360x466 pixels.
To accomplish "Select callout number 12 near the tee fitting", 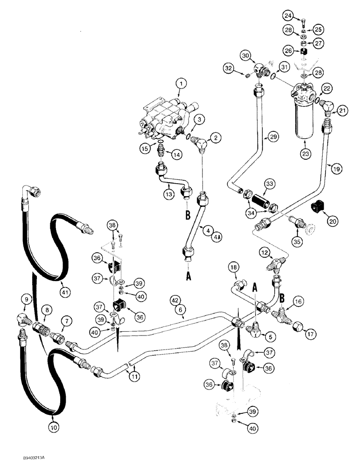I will pos(264,252).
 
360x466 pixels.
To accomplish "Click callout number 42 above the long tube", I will pos(186,301).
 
